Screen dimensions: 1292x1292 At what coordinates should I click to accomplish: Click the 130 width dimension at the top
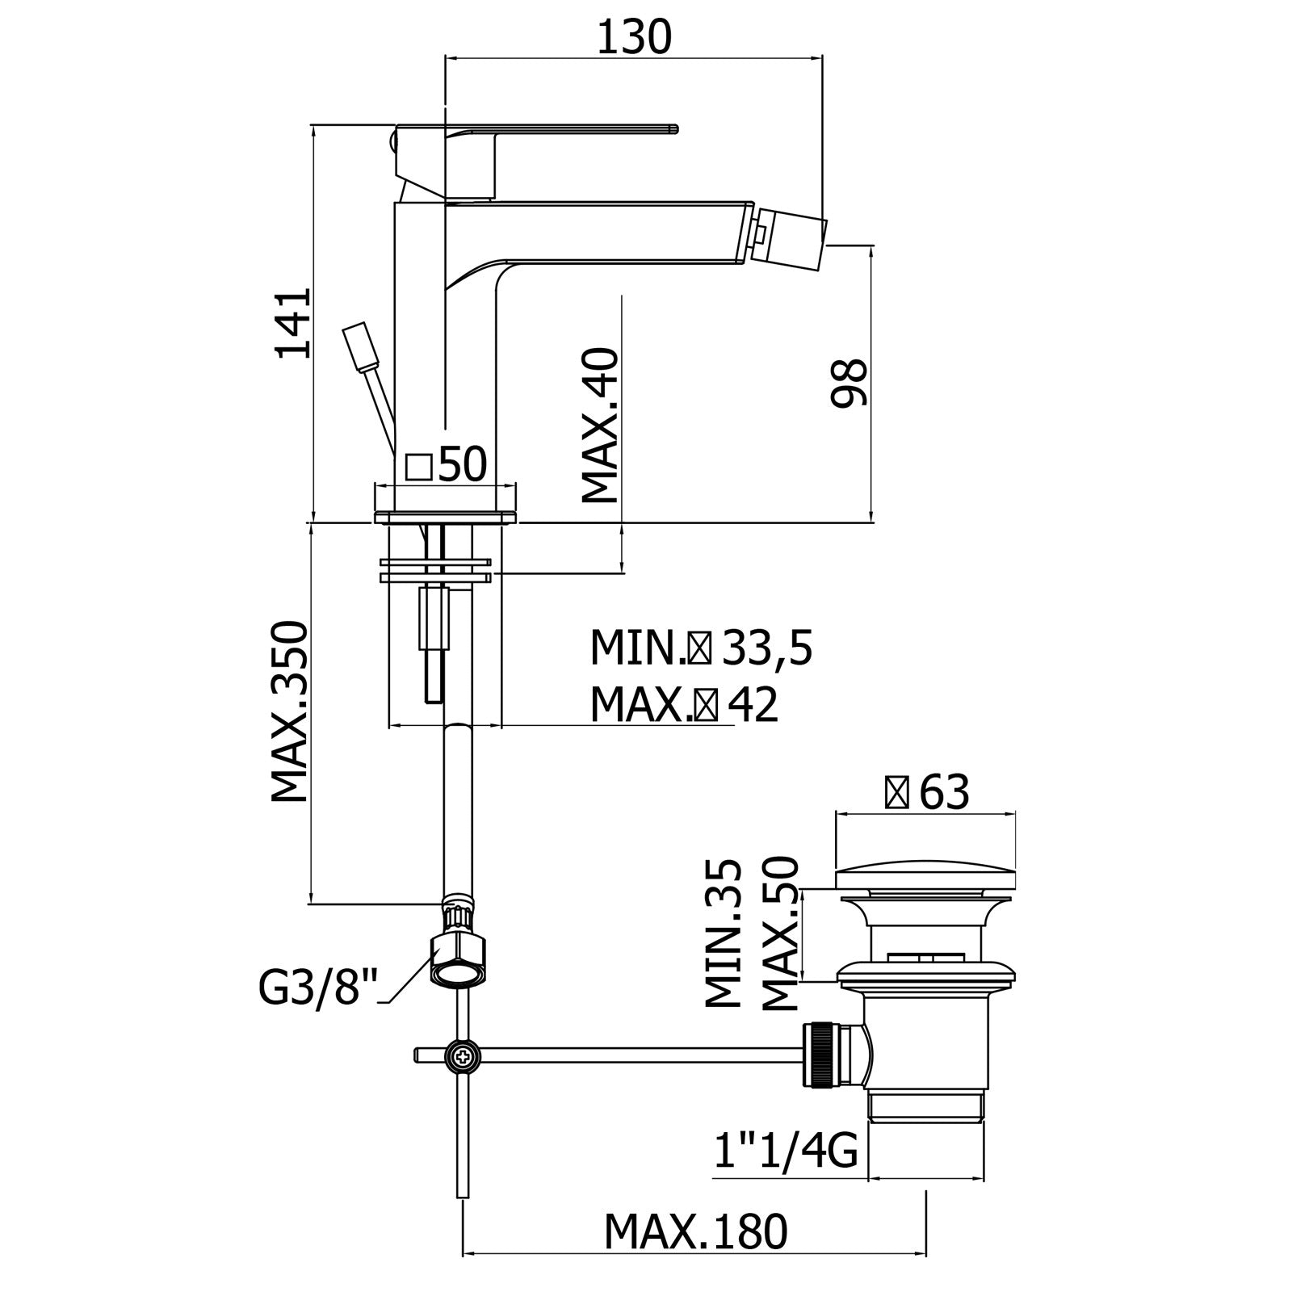(x=634, y=37)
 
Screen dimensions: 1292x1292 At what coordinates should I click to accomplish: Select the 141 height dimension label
(x=292, y=323)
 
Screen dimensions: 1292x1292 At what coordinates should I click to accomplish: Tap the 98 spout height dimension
(x=849, y=384)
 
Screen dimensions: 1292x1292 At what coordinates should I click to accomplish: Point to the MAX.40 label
(x=601, y=426)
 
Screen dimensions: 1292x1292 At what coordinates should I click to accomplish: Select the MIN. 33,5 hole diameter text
(x=700, y=648)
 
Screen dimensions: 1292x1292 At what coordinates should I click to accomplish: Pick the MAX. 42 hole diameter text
(x=684, y=705)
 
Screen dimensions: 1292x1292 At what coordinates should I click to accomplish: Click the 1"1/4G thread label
(x=786, y=1151)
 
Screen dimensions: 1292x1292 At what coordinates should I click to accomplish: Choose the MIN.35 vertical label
(x=724, y=933)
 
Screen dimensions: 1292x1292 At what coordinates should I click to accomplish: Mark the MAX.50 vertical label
(x=780, y=933)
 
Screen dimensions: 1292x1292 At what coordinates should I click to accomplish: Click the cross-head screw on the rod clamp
(x=463, y=1055)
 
